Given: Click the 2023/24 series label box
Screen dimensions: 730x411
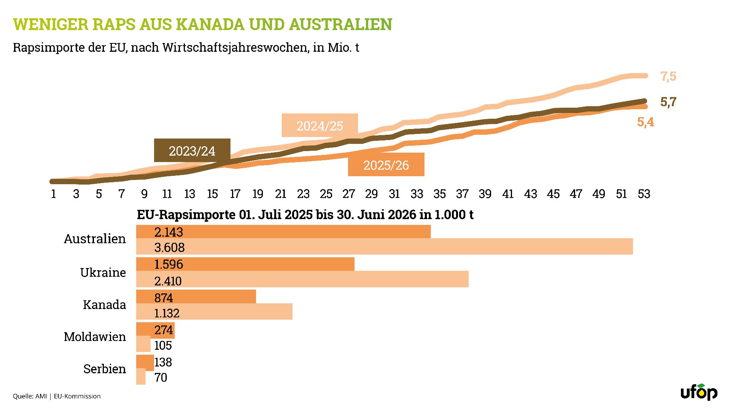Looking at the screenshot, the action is [192, 150].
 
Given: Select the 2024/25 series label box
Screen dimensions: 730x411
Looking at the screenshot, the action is [320, 125].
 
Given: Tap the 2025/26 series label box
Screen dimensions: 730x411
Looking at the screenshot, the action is [386, 164].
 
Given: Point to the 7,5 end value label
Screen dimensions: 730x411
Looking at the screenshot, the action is [668, 76].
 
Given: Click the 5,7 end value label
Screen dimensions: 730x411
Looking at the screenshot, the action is [668, 102].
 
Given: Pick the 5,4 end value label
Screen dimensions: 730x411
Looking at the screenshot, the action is [646, 122].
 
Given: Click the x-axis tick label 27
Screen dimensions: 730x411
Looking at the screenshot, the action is [349, 194].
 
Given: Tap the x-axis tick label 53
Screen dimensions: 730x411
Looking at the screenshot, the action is [644, 194].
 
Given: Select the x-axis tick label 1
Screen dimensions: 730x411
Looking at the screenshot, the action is [53, 194].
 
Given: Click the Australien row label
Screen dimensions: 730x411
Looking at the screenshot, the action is [95, 239].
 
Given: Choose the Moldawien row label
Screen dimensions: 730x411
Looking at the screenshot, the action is [95, 337].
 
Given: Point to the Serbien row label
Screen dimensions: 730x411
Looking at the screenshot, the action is [105, 369].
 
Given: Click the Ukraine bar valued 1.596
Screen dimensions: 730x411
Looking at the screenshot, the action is [245, 264].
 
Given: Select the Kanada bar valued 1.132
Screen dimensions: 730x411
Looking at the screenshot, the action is [214, 312].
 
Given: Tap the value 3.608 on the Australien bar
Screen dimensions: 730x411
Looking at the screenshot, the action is [169, 248].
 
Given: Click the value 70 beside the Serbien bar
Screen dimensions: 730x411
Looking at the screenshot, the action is [161, 378].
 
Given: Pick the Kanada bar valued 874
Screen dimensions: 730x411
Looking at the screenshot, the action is [196, 296].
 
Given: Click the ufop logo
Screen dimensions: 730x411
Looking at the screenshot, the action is [699, 392].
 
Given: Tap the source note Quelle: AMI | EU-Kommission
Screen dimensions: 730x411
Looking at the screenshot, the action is [57, 396].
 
